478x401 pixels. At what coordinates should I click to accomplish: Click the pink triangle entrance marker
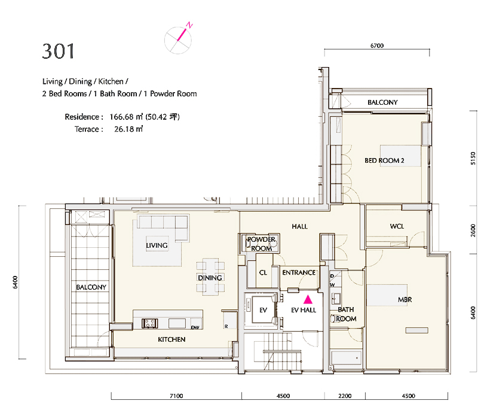point(308,299)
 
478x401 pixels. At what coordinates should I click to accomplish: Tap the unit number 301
point(58,51)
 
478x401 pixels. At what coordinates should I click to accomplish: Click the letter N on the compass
point(189,25)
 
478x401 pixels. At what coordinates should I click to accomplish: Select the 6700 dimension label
point(377,46)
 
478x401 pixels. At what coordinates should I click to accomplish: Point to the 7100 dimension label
point(176,396)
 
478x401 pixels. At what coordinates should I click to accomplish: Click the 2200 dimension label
point(345,396)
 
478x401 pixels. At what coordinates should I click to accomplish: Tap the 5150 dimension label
point(473,159)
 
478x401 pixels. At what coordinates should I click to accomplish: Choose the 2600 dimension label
point(473,230)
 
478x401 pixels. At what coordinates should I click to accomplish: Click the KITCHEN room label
point(171,339)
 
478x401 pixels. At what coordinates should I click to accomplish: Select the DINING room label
point(210,278)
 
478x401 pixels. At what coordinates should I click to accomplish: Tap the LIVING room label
point(157,245)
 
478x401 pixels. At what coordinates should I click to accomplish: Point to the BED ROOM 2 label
point(384,160)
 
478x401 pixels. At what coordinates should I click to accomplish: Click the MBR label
point(405,300)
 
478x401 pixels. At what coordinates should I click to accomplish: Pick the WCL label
point(397,226)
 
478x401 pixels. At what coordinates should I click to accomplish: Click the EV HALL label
point(304,310)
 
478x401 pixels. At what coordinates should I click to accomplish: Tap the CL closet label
point(263,272)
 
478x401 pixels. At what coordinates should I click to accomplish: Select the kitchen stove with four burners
point(150,323)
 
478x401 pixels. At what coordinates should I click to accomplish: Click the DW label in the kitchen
point(195,327)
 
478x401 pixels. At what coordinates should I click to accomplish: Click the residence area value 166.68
point(122,117)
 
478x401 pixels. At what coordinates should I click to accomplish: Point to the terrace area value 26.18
point(124,129)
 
